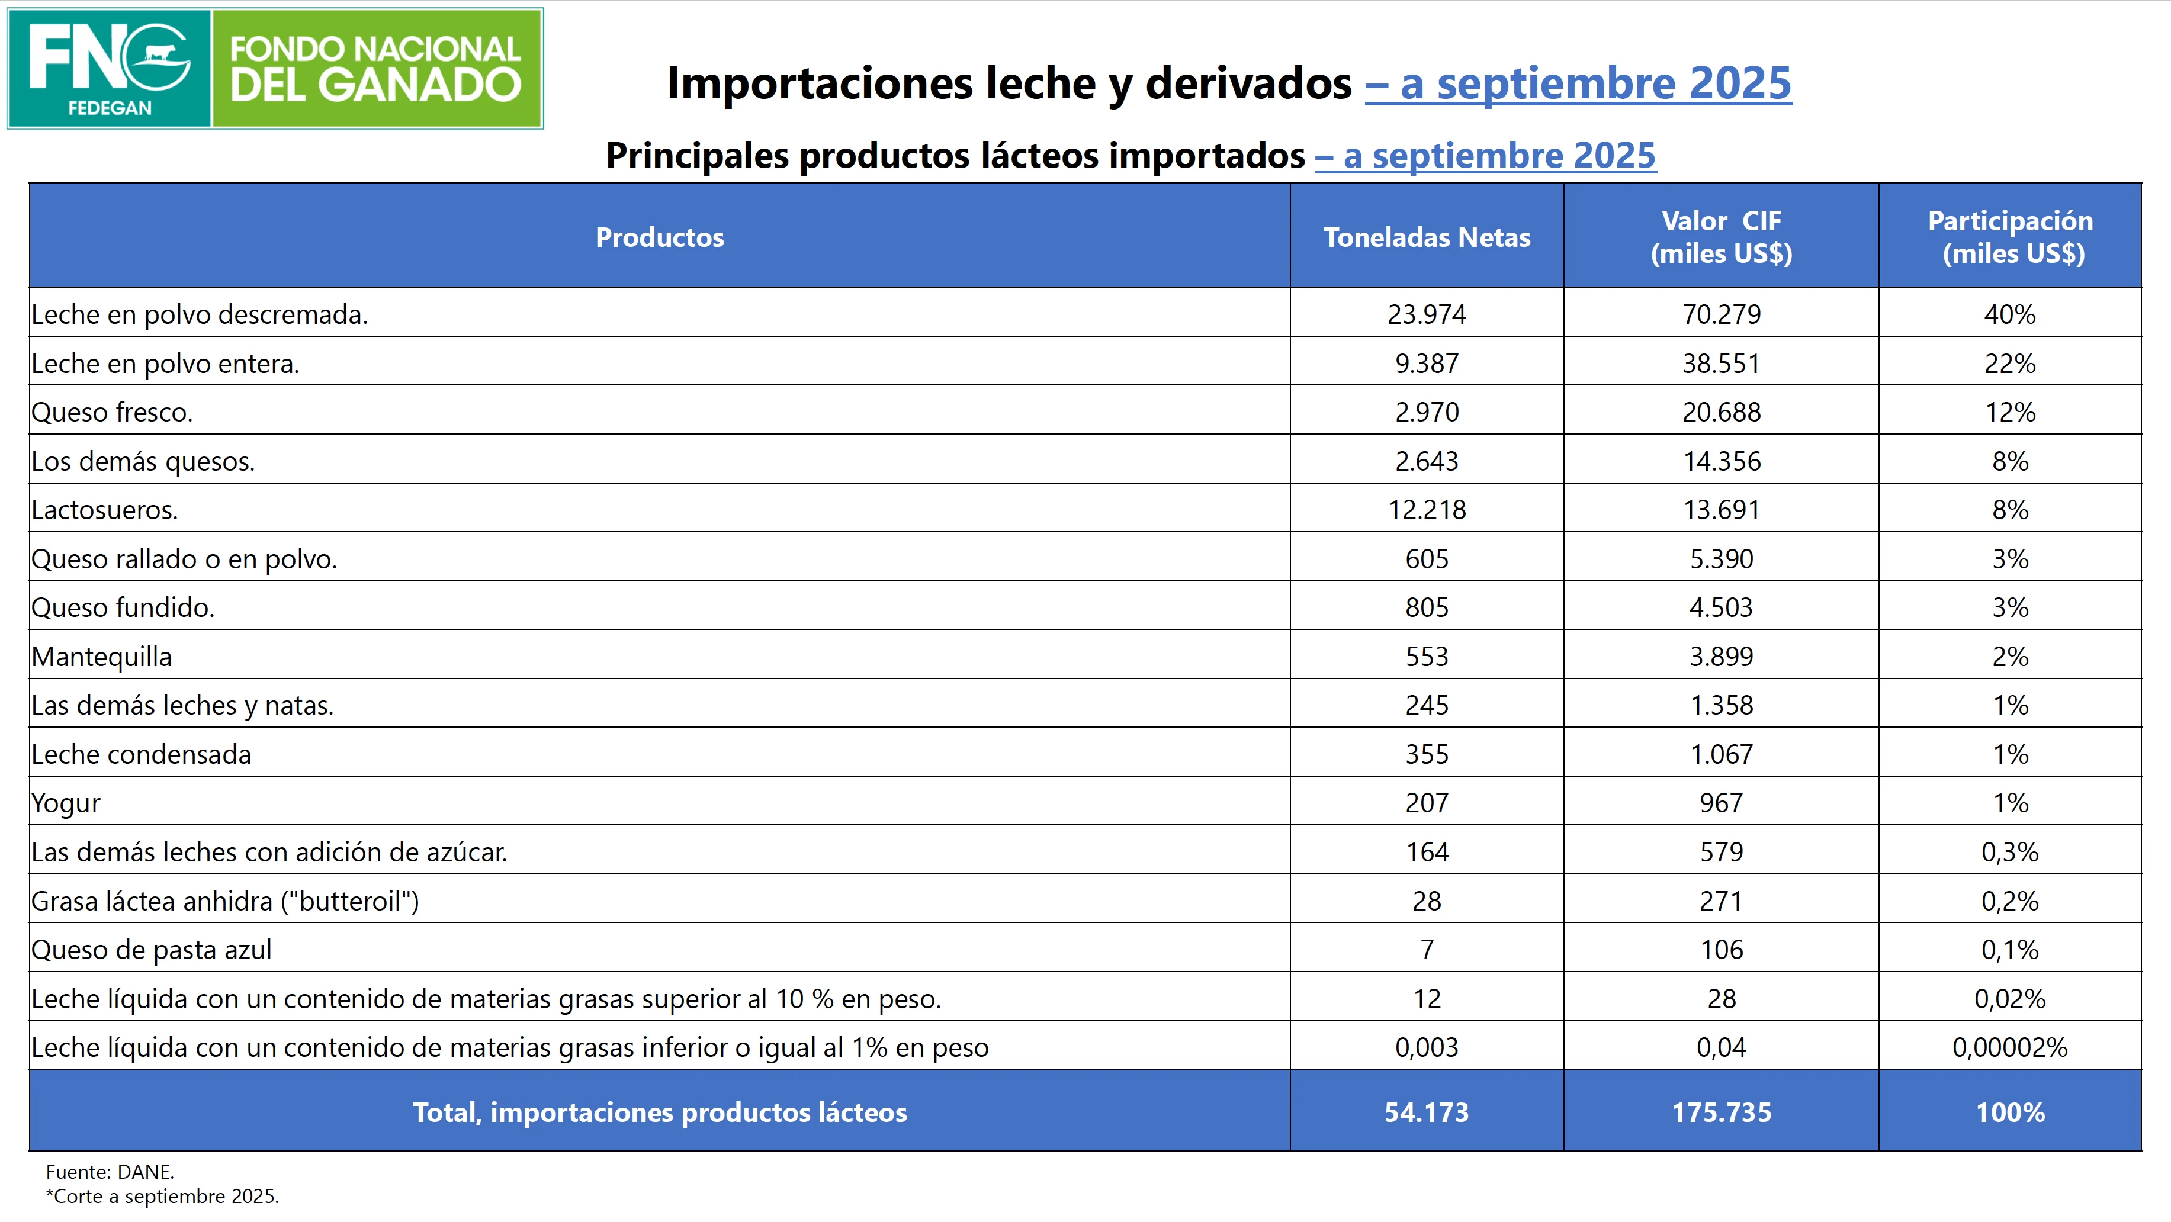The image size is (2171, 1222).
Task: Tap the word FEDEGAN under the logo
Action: pyautogui.click(x=110, y=108)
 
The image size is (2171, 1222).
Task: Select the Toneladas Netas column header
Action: pyautogui.click(x=1426, y=237)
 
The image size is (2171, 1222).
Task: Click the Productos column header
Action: pyautogui.click(x=659, y=237)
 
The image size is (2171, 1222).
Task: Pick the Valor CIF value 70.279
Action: pyautogui.click(x=1721, y=314)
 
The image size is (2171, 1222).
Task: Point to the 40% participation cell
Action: pyautogui.click(x=2009, y=314)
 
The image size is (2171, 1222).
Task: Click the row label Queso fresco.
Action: pyautogui.click(x=112, y=412)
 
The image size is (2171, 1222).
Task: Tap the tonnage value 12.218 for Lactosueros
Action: pyautogui.click(x=1426, y=510)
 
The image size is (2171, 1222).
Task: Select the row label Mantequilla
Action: pyautogui.click(x=102, y=657)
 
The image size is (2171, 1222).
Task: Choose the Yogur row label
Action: pyautogui.click(x=66, y=803)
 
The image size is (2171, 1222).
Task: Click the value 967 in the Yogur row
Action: pyautogui.click(x=1721, y=803)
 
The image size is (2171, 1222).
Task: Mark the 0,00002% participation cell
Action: pyautogui.click(x=2009, y=1047)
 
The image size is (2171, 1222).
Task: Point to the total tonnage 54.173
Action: pyautogui.click(x=1426, y=1112)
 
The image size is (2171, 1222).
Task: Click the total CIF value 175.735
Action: pyautogui.click(x=1721, y=1112)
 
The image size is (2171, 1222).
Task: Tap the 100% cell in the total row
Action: pyautogui.click(x=2009, y=1112)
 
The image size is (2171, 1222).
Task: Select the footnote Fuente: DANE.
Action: pyautogui.click(x=110, y=1172)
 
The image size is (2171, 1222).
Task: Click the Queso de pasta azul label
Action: pyautogui.click(x=152, y=950)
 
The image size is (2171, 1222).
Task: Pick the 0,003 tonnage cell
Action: pyautogui.click(x=1426, y=1047)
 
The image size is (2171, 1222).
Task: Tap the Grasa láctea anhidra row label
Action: pyautogui.click(x=225, y=901)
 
